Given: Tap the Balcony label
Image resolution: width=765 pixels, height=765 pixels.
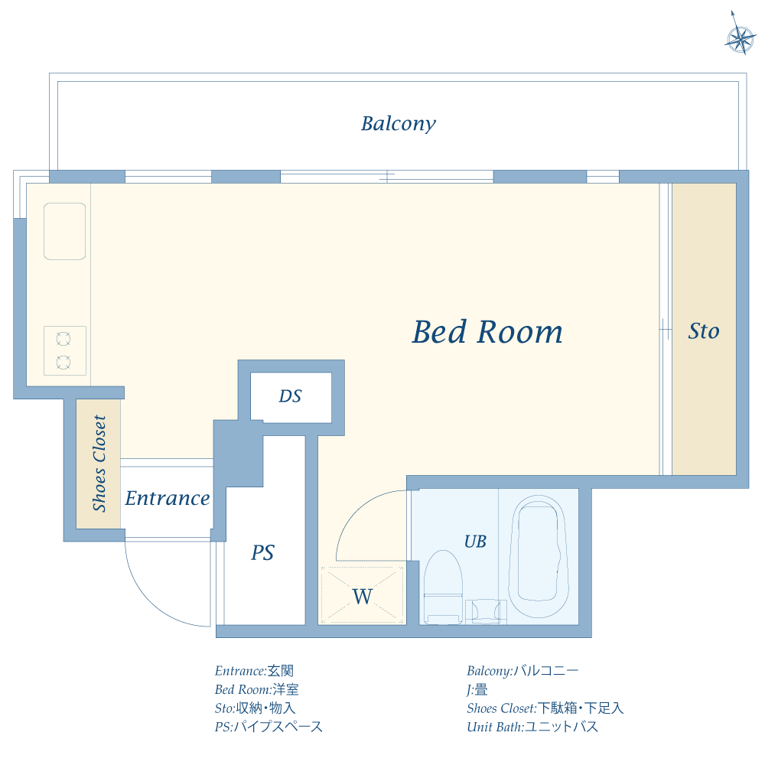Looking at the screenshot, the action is click(x=398, y=123).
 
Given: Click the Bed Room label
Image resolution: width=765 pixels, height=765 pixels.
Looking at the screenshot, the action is click(x=487, y=332).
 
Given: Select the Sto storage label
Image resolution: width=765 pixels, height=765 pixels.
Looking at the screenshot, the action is click(x=704, y=330).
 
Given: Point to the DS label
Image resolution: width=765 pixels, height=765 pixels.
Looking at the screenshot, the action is click(x=290, y=396).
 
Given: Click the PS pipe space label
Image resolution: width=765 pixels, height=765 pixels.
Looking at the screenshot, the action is click(x=262, y=552).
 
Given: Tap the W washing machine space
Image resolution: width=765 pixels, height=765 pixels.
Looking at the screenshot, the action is click(x=363, y=596).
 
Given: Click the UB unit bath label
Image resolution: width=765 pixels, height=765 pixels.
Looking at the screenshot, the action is click(x=475, y=542).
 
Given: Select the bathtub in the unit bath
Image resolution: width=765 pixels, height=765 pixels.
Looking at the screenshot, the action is click(x=539, y=557).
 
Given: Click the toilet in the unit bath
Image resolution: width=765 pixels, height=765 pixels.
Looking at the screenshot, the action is click(x=443, y=588).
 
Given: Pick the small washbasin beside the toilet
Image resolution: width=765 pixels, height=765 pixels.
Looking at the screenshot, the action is click(x=486, y=612).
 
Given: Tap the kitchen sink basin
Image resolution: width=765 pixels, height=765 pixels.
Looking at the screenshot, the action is click(x=65, y=231).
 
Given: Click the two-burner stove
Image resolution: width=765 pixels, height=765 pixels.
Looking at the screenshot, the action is click(x=65, y=351).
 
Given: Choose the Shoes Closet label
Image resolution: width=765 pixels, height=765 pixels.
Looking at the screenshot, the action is click(x=99, y=464).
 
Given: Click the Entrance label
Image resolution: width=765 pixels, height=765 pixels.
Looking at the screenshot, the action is click(x=168, y=498).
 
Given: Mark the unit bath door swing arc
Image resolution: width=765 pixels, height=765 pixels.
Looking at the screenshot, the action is click(x=360, y=507).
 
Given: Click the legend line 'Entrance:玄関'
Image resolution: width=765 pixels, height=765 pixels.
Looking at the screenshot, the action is click(x=254, y=671).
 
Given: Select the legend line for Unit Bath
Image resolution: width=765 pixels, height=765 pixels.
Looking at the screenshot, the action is click(x=532, y=727).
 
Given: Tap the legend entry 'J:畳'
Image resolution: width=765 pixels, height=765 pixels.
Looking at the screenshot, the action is click(x=477, y=690).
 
